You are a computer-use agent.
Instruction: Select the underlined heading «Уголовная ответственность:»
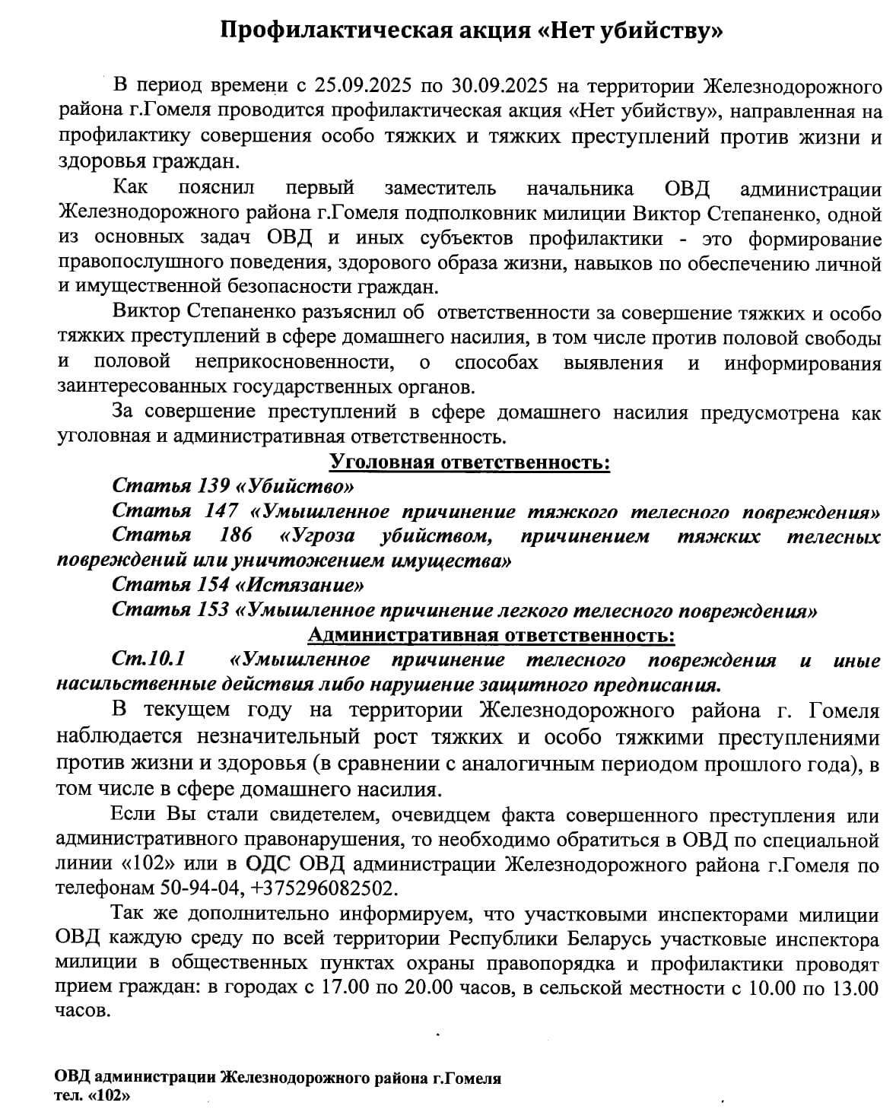pos(469,462)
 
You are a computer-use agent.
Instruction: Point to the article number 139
pos(214,486)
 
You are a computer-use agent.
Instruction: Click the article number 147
pos(221,511)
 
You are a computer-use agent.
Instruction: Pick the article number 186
pos(236,535)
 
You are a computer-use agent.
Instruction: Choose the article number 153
pos(214,611)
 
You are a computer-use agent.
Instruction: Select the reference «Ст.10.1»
pos(148,659)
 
